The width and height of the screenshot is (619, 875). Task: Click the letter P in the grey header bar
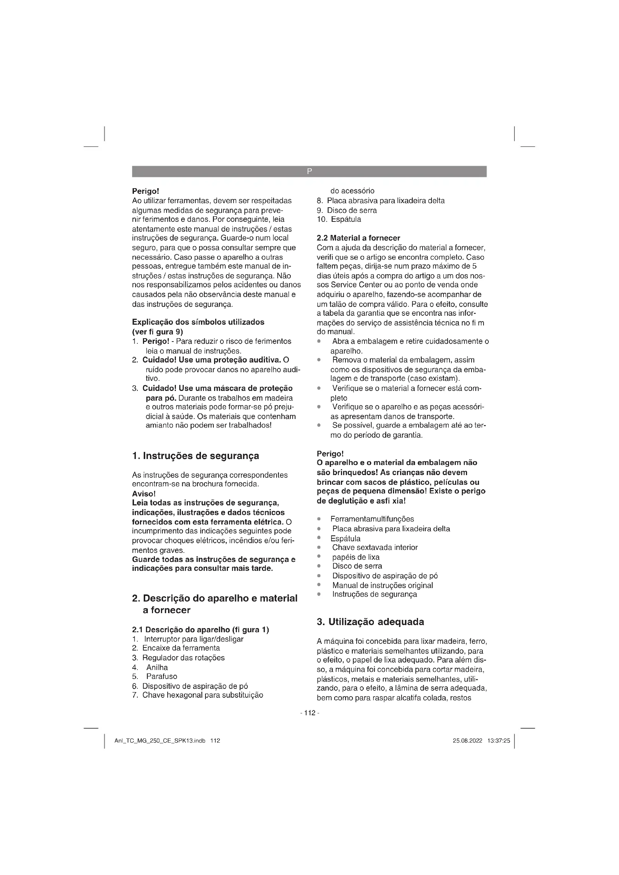tap(309, 171)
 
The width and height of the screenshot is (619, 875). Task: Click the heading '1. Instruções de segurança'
tap(195, 456)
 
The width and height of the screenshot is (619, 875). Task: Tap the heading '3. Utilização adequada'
tap(371, 622)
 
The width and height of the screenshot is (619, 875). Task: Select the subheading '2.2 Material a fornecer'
tap(358, 238)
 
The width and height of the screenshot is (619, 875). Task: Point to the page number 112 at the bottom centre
tap(309, 713)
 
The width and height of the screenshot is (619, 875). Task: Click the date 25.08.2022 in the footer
tap(467, 741)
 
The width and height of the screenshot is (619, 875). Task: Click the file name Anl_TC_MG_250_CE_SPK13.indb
tap(160, 741)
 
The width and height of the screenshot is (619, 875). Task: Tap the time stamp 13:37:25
tap(498, 741)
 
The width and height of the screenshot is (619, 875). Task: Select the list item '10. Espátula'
tap(339, 220)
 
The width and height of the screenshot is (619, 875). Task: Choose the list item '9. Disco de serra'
tap(347, 210)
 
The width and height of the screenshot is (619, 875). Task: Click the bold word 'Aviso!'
tap(144, 494)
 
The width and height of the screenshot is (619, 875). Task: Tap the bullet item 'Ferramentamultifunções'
tap(372, 519)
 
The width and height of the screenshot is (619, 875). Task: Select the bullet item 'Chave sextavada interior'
tap(375, 548)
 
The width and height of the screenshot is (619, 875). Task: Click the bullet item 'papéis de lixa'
tap(356, 557)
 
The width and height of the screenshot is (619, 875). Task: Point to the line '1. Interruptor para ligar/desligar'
tap(187, 639)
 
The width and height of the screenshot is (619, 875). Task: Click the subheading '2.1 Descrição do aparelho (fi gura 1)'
tap(201, 630)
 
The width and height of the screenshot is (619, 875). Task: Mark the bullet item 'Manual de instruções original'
tap(382, 585)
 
